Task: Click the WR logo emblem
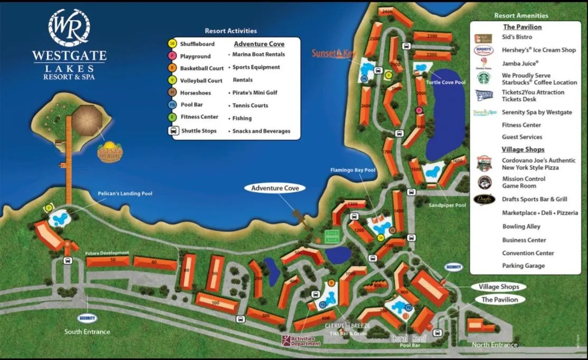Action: [x=69, y=27]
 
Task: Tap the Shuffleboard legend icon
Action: [x=172, y=44]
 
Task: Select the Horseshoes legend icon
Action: [x=172, y=92]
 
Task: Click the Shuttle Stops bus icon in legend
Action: [x=173, y=131]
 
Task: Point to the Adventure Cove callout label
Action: [x=275, y=188]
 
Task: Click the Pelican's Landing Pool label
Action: [x=125, y=194]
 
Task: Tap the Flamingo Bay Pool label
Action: [x=353, y=170]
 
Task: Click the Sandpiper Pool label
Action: [x=447, y=205]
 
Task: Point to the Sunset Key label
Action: [x=334, y=53]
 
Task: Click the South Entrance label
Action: [x=87, y=332]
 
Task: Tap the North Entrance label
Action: [x=494, y=345]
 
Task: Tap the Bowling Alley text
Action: [x=521, y=226]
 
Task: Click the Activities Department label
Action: [x=301, y=341]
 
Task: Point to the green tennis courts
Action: [x=332, y=236]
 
